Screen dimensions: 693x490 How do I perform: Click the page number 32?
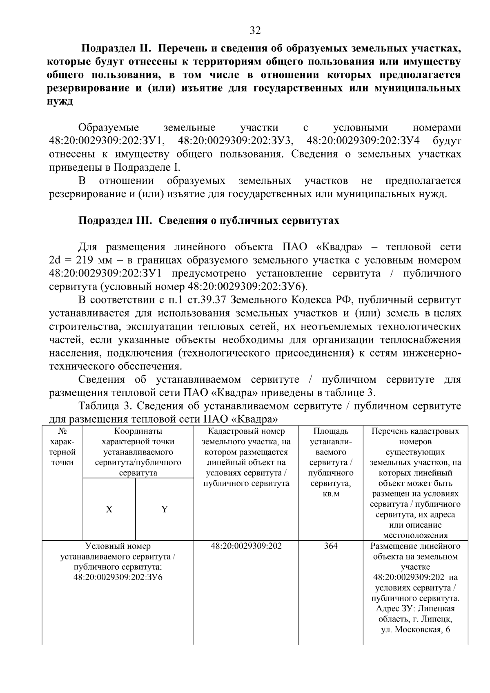[255, 31]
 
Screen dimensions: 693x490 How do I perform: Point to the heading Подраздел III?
[115, 221]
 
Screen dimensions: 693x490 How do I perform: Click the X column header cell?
[109, 509]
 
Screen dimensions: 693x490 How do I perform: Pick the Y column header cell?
[165, 509]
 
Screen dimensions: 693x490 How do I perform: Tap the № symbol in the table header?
[62, 431]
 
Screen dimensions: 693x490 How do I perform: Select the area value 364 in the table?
[331, 546]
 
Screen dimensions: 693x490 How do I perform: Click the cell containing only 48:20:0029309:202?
[246, 546]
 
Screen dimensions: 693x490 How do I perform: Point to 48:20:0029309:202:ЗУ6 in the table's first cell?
[118, 577]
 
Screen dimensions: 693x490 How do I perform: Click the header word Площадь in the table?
[331, 431]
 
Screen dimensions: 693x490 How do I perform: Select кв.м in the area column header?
[331, 494]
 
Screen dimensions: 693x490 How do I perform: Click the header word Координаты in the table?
[138, 431]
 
